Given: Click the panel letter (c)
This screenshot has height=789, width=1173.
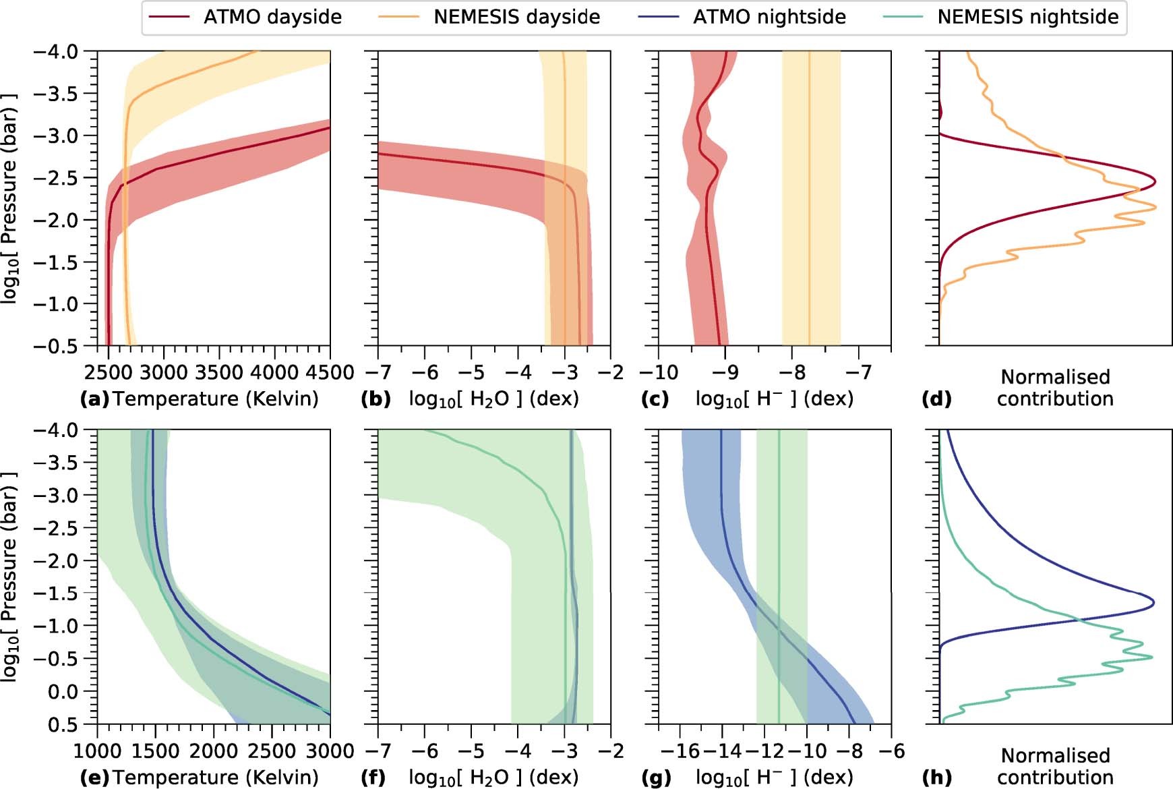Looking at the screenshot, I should pyautogui.click(x=655, y=399).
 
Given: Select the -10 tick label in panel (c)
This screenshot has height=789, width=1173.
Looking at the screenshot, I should pyautogui.click(x=658, y=372).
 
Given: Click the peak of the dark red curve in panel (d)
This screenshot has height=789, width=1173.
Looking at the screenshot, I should pyautogui.click(x=1155, y=181).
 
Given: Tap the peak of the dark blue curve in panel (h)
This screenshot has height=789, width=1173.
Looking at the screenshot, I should pyautogui.click(x=1153, y=602).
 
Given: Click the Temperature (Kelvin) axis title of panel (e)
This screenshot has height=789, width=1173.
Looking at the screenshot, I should pyautogui.click(x=215, y=777).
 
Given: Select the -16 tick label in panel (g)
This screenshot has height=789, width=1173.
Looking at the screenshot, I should pyautogui.click(x=679, y=751).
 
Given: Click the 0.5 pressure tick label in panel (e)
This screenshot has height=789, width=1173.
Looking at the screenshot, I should pyautogui.click(x=64, y=724).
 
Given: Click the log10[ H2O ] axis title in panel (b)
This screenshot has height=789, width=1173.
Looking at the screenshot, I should pyautogui.click(x=493, y=399).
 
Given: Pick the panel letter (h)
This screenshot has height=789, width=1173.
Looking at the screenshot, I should pyautogui.click(x=936, y=777).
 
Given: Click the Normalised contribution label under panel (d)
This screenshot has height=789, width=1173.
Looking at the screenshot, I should pyautogui.click(x=1055, y=388).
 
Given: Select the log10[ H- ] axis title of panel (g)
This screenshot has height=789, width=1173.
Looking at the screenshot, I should pyautogui.click(x=774, y=777).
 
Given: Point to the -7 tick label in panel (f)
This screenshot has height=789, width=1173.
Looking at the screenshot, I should pyautogui.click(x=378, y=751).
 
